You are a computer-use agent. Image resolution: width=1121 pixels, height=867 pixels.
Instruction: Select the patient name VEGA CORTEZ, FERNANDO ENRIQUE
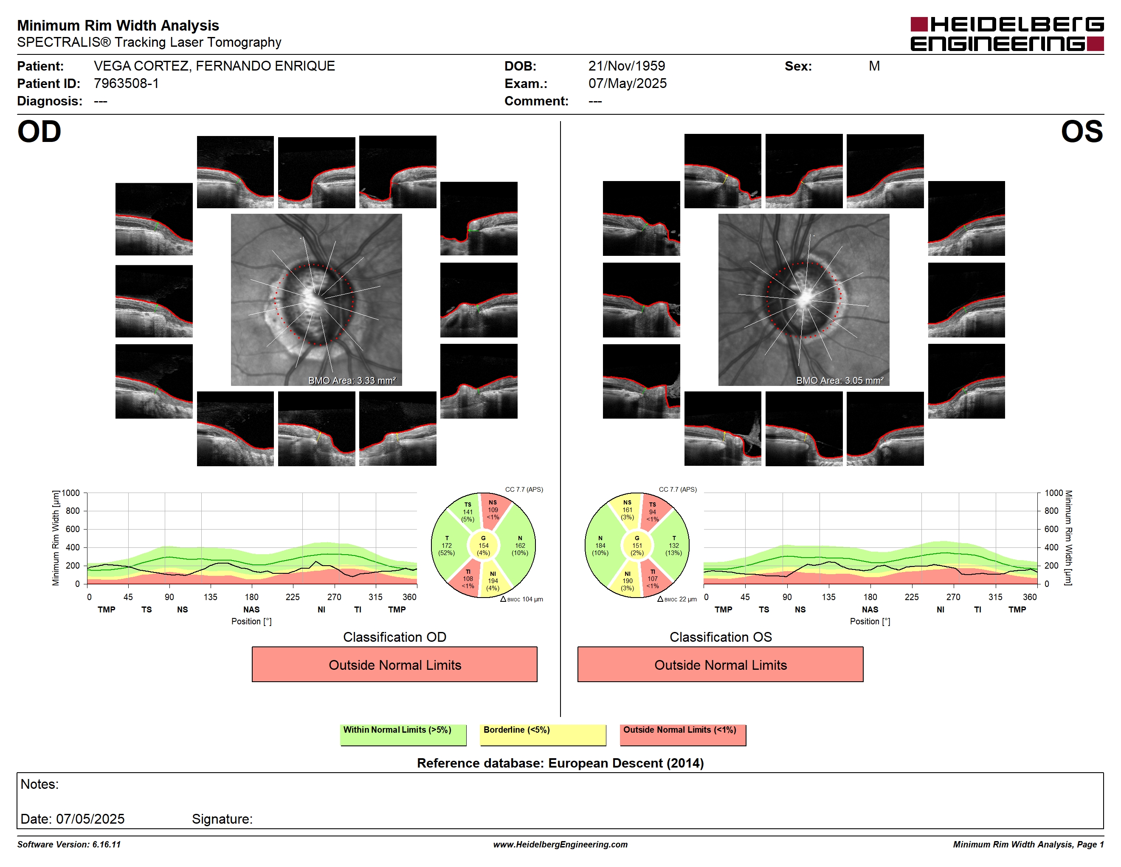click(214, 66)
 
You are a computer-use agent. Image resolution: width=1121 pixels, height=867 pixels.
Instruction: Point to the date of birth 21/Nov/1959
click(626, 66)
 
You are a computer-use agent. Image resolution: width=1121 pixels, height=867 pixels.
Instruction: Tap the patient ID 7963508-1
click(126, 83)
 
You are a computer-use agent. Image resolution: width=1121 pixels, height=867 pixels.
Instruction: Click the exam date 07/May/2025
click(627, 83)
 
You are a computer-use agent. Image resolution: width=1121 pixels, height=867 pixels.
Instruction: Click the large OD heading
click(39, 132)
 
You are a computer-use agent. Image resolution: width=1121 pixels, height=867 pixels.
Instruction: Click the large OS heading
click(1082, 132)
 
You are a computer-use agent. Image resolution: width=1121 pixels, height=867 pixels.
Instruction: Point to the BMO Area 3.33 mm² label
click(352, 381)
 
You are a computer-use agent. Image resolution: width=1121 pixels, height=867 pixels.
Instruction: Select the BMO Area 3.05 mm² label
click(840, 381)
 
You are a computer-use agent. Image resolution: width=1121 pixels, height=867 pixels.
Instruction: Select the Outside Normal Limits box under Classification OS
click(720, 665)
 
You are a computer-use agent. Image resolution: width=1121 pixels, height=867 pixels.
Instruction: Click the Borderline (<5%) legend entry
click(543, 734)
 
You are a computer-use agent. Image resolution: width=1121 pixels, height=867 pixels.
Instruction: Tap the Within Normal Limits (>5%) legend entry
click(403, 734)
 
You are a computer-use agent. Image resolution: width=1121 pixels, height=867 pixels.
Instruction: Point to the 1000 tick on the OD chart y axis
click(71, 493)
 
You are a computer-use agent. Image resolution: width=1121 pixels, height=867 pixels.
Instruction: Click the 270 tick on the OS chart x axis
click(953, 597)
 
